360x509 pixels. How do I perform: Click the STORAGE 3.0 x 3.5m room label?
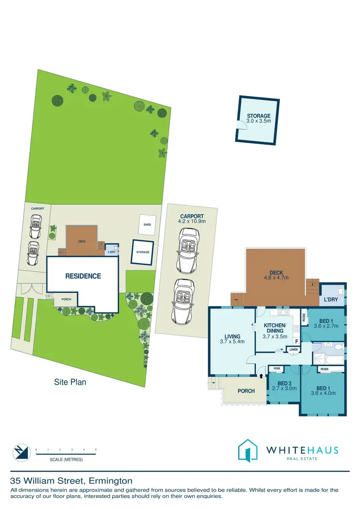(259, 118)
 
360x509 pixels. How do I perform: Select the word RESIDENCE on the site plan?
(83, 276)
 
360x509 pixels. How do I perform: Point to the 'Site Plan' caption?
(70, 382)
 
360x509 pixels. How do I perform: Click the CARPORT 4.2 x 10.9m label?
(192, 219)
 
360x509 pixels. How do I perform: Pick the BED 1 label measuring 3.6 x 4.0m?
(323, 391)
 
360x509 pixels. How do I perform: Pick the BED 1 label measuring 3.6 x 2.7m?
(326, 323)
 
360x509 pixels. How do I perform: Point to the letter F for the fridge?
(297, 342)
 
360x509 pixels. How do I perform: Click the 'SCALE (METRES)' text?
(66, 460)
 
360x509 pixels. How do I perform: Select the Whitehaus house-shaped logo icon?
(248, 451)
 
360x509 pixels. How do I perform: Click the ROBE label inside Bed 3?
(277, 368)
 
